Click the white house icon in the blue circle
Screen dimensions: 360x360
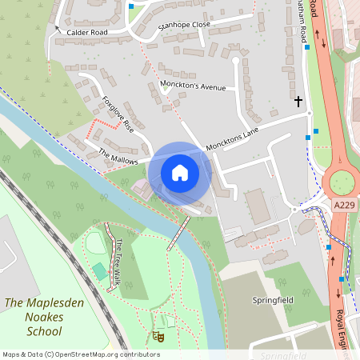tap(180, 173)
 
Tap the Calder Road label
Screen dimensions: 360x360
tap(87, 33)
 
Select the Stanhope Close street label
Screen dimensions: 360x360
tap(184, 26)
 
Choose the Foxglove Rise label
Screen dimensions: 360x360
tap(117, 114)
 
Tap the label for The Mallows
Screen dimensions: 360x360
tap(118, 156)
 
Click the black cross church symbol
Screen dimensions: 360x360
tap(299, 102)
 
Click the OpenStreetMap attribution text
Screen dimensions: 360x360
tap(81, 354)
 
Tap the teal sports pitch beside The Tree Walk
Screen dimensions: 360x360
tap(100, 271)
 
